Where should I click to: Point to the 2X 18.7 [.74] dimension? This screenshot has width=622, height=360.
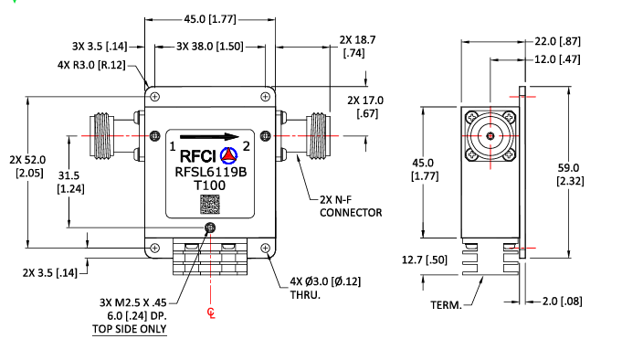click(x=357, y=48)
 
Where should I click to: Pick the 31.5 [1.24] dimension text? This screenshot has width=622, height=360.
click(x=69, y=182)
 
